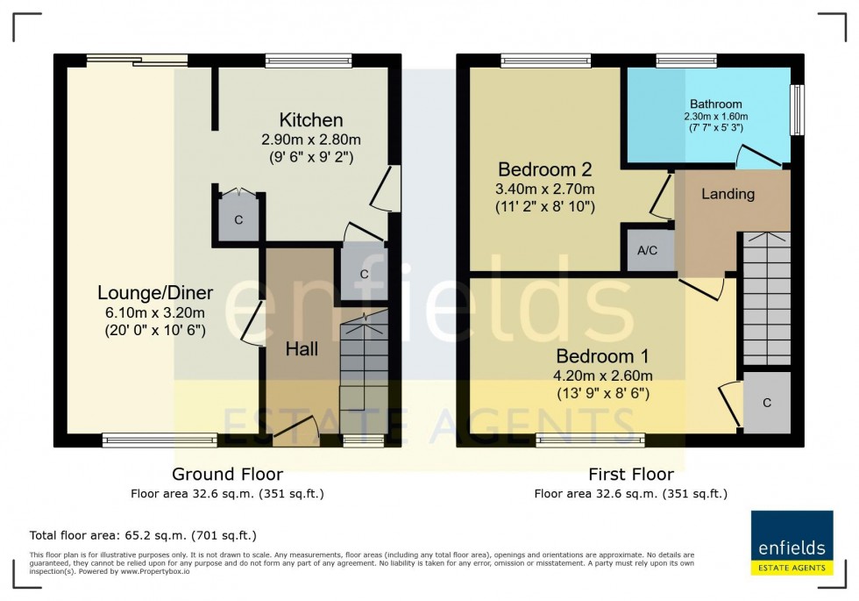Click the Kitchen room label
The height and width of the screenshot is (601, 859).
[x=310, y=120]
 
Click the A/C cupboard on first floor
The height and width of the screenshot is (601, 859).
[x=648, y=250]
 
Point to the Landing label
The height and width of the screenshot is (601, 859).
[x=728, y=194]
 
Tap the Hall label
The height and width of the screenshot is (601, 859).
[x=302, y=348]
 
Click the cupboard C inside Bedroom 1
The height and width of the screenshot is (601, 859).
[x=766, y=403]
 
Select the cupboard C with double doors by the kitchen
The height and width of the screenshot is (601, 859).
[x=238, y=217]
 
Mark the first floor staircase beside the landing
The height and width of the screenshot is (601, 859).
[x=766, y=298]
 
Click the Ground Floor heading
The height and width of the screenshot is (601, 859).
[x=227, y=475]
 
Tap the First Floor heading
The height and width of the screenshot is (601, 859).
[x=631, y=475]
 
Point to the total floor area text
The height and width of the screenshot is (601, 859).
[x=143, y=534]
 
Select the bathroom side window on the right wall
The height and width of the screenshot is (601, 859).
[x=798, y=110]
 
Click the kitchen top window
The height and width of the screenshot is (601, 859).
[x=309, y=61]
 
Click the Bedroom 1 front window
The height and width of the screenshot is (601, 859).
[x=590, y=440]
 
